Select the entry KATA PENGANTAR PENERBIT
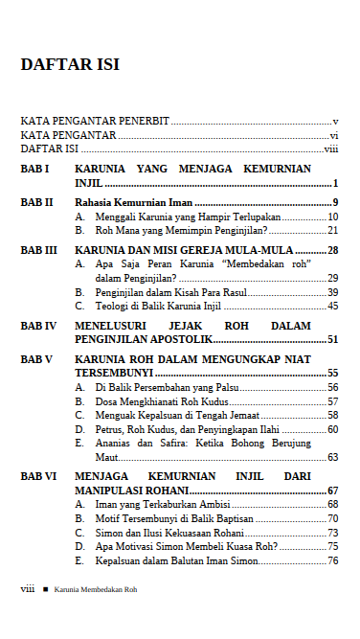click(95, 122)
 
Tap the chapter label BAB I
click(34, 169)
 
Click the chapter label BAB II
click(36, 202)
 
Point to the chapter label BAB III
click(38, 249)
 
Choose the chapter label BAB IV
click(38, 326)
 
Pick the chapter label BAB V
click(36, 359)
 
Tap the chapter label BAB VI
click(38, 475)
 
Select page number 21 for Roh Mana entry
click(332, 230)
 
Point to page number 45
click(332, 307)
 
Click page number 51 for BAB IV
click(332, 339)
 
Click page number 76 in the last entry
click(332, 560)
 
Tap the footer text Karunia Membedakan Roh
click(96, 589)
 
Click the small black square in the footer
click(44, 589)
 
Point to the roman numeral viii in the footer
click(28, 589)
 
